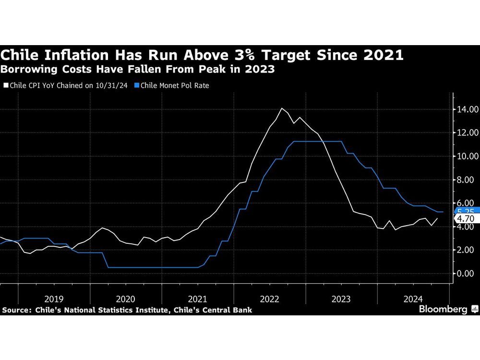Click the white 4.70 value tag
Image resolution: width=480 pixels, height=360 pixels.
point(465,219)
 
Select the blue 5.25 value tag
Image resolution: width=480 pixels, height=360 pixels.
point(465,210)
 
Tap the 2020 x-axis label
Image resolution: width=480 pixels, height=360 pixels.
point(126,298)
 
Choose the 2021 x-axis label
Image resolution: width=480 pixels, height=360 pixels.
point(198,298)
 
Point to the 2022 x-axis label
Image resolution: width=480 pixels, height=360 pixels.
point(269,298)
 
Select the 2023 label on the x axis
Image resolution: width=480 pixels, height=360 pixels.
point(341,298)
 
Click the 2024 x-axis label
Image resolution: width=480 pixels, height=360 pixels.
point(413,298)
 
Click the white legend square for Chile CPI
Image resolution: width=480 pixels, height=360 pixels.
point(5,85)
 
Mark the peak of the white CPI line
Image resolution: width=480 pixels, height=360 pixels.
point(281,108)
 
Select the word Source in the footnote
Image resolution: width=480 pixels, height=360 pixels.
point(16,311)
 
